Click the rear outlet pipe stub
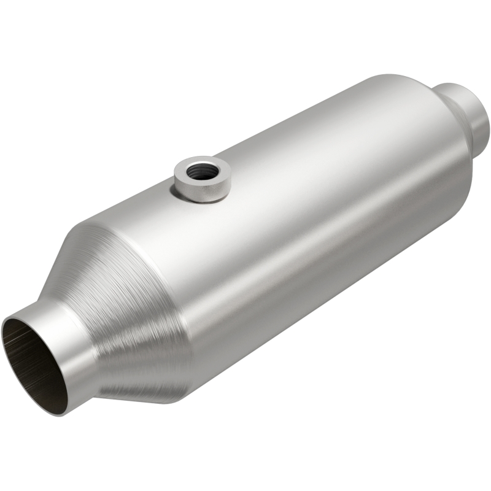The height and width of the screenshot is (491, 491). pos(466,114)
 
